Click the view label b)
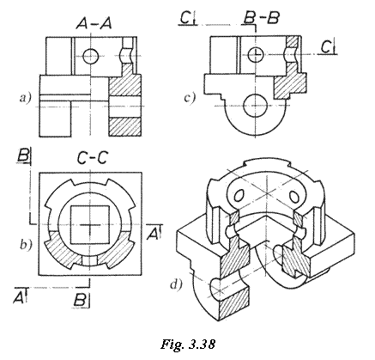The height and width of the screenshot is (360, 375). point(27,245)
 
